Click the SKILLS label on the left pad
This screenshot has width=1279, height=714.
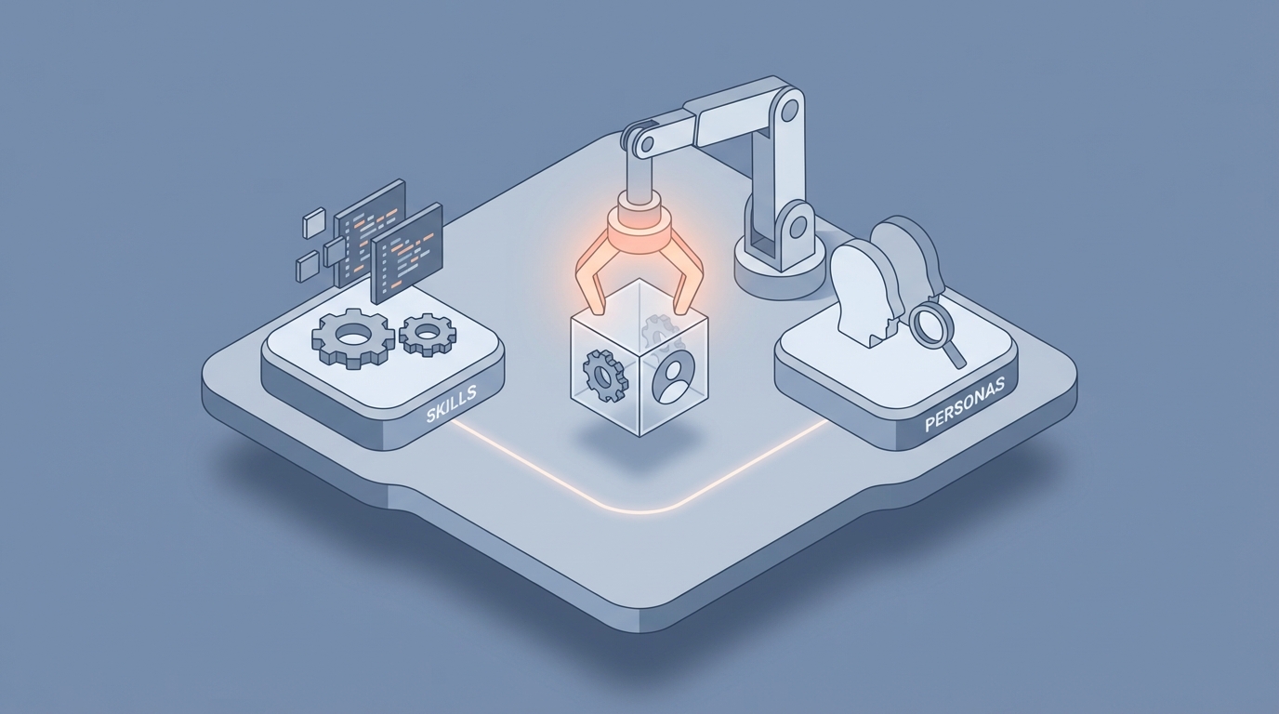coord(451,405)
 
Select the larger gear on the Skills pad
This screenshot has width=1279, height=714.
coord(353,337)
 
